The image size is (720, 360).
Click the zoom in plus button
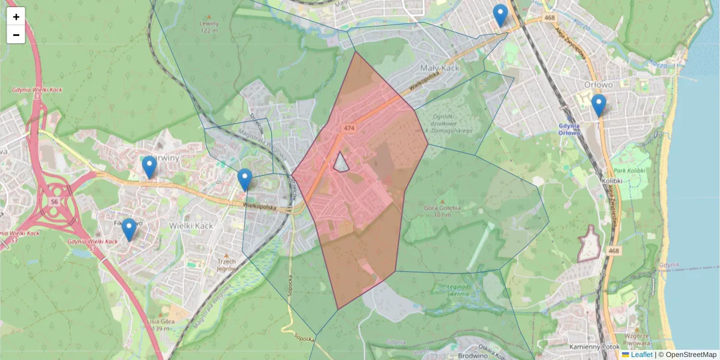(x=16, y=17)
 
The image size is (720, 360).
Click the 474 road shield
(x=349, y=128)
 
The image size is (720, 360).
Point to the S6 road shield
(x=54, y=202)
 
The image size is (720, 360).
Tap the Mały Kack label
(x=440, y=68)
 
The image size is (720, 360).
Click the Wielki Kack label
(x=191, y=226)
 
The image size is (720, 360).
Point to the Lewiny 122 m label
(x=208, y=26)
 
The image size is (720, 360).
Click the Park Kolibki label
(x=628, y=171)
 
